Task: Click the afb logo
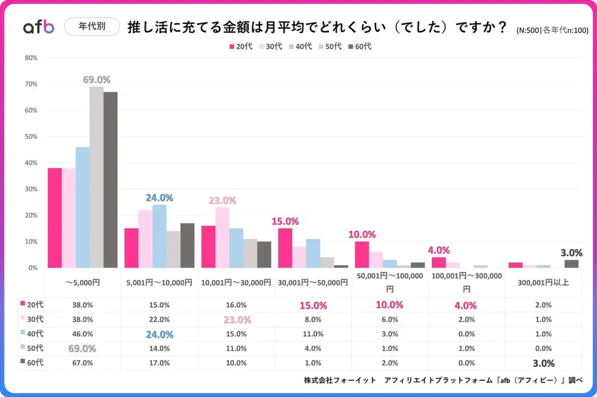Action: [x=38, y=27]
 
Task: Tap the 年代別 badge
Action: [x=93, y=27]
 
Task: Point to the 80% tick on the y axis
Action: [x=31, y=58]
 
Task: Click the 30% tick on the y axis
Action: [x=31, y=189]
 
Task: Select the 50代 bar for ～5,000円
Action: [x=96, y=177]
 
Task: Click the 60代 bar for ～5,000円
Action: [x=110, y=179]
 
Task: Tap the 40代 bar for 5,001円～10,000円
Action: [x=159, y=236]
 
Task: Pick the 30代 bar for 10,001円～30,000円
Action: [x=222, y=237]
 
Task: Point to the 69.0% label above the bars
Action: [x=96, y=79]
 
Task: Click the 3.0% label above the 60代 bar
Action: [x=571, y=253]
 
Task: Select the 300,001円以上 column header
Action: [x=543, y=283]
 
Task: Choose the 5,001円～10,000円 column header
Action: [x=159, y=283]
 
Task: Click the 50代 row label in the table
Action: [x=31, y=348]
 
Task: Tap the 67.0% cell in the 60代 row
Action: [x=82, y=363]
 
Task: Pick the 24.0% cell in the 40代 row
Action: [x=159, y=335]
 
